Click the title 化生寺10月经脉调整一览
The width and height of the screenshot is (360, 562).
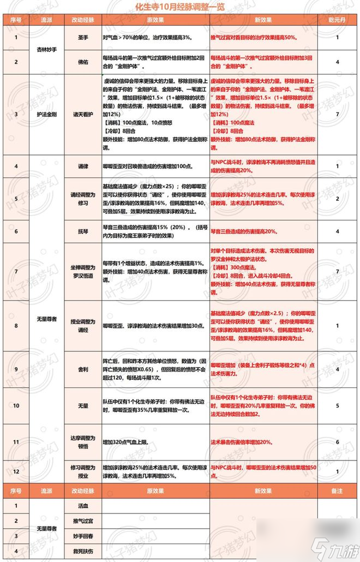[x=180, y=8]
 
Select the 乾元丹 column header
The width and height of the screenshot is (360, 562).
[x=338, y=19]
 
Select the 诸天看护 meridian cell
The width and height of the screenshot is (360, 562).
[x=83, y=115]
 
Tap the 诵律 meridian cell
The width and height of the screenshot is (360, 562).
[x=83, y=165]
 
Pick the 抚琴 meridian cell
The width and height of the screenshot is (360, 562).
[x=83, y=231]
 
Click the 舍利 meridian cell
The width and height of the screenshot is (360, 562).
[x=83, y=369]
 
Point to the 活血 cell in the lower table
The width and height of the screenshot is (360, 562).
[x=83, y=506]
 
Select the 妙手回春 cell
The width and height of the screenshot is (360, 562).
[x=83, y=536]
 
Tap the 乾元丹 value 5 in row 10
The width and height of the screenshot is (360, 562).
[x=338, y=405]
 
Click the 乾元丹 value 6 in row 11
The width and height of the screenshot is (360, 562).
[x=338, y=441]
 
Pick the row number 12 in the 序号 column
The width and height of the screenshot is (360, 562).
[x=16, y=470]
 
